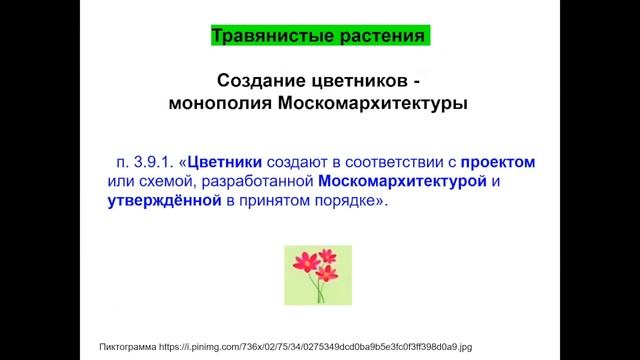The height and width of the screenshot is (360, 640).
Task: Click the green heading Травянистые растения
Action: pos(319,37)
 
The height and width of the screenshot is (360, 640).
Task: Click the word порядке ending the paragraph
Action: pos(351,201)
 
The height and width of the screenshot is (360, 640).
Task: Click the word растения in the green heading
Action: pos(380,37)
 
